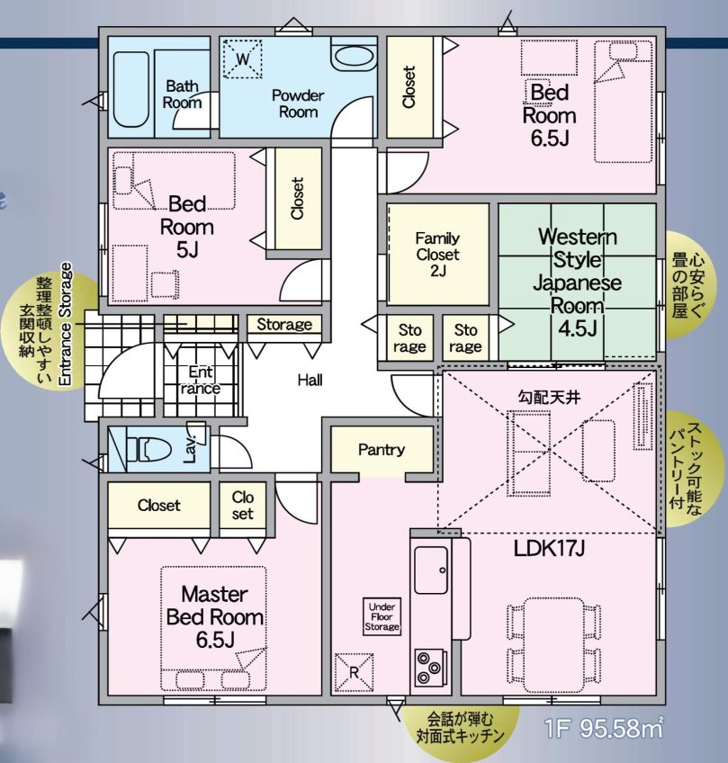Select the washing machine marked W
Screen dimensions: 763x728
pos(241,59)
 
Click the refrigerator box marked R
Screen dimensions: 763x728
pos(353,671)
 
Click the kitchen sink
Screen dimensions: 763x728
pos(432,569)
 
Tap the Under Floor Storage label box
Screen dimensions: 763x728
pos(382,616)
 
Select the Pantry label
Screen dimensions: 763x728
pos(382,450)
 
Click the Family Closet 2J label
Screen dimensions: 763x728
pos(437,255)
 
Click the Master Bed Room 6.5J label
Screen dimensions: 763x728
pos(214,615)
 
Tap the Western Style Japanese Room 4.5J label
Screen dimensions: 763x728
pos(577,282)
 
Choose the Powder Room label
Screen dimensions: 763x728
pos(298,103)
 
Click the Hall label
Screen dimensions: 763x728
pos(310,381)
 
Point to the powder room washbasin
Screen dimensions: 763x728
pos(346,56)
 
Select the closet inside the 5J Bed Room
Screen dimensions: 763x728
pos(297,199)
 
